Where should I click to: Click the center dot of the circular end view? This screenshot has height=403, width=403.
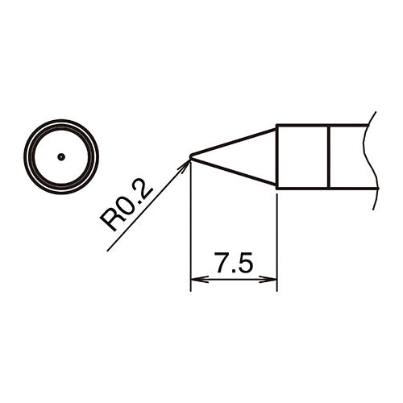pyautogui.click(x=60, y=156)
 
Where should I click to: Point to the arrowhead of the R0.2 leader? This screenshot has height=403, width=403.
pyautogui.click(x=187, y=162)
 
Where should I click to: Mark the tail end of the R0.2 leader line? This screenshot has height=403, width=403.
pyautogui.click(x=107, y=251)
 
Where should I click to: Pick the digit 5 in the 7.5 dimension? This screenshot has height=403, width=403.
pyautogui.click(x=246, y=264)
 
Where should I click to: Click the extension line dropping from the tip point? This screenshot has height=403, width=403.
pyautogui.click(x=190, y=226)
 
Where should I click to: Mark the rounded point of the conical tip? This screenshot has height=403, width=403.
pyautogui.click(x=191, y=156)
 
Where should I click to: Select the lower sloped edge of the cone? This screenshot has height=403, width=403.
pyautogui.click(x=234, y=172)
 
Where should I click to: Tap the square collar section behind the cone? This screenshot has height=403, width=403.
pyautogui.click(x=302, y=156)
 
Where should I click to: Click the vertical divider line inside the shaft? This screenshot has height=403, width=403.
pyautogui.click(x=329, y=156)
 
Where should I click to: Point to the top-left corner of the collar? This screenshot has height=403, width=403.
pyautogui.click(x=277, y=125)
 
